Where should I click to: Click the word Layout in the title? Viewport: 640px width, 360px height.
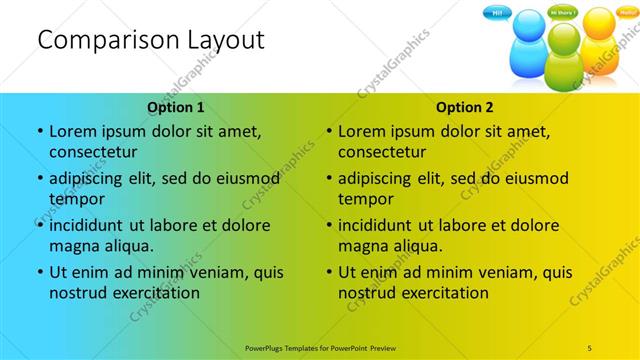[219, 40]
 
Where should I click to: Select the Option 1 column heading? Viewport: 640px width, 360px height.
[176, 107]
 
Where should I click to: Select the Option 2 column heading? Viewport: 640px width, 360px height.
[465, 107]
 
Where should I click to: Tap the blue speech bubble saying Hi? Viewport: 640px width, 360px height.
[496, 13]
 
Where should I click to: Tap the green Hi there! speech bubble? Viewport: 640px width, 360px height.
[563, 14]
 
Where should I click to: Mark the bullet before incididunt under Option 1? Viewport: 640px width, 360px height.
[39, 225]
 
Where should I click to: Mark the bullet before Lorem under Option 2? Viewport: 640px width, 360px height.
[328, 131]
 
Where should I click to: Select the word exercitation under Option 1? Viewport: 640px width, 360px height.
[156, 293]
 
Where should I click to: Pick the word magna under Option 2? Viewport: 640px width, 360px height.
[363, 246]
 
